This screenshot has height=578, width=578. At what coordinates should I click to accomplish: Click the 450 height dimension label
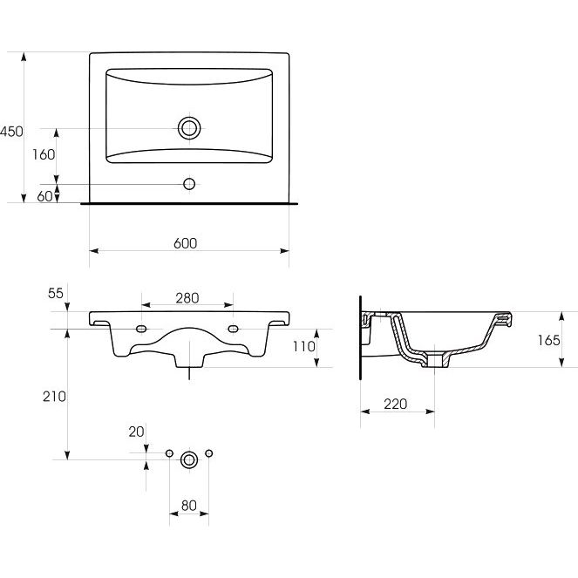click(x=11, y=132)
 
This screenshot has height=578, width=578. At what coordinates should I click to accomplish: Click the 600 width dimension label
click(x=185, y=243)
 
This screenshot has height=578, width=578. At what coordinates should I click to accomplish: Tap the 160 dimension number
click(x=44, y=154)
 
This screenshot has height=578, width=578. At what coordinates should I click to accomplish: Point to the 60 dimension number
click(x=44, y=196)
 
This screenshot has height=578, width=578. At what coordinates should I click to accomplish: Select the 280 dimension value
click(x=187, y=298)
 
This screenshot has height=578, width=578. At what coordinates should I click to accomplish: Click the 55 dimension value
click(x=56, y=293)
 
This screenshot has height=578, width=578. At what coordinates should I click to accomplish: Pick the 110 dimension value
click(x=304, y=346)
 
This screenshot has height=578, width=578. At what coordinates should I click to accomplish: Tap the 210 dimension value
click(x=54, y=397)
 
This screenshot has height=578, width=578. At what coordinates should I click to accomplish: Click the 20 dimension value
click(x=136, y=432)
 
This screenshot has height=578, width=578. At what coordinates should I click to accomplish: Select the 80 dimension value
click(x=188, y=506)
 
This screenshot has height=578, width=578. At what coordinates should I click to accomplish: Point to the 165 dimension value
click(x=548, y=340)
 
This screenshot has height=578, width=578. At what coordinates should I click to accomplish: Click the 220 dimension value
click(x=396, y=404)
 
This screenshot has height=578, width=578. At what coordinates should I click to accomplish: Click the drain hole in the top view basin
click(x=189, y=128)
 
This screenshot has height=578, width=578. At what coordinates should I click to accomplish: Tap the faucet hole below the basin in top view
click(x=189, y=184)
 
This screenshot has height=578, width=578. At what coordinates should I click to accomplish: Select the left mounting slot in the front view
click(x=141, y=329)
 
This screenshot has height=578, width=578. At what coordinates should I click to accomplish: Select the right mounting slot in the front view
click(x=233, y=329)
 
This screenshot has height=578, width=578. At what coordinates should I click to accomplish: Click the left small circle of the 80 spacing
click(x=169, y=453)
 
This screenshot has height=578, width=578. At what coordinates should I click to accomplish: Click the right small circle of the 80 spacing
click(x=208, y=453)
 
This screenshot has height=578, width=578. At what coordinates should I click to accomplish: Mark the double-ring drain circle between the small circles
click(x=189, y=459)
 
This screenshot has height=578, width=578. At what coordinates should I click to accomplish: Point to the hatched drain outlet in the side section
click(x=435, y=360)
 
